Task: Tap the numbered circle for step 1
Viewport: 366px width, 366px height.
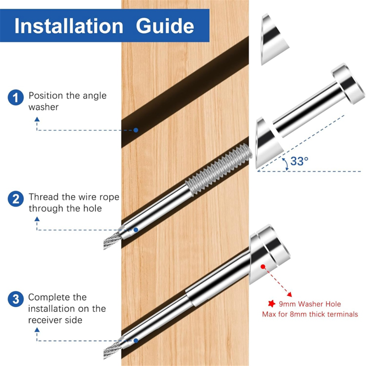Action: click(x=16, y=97)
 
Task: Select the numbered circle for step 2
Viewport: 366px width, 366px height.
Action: click(x=16, y=199)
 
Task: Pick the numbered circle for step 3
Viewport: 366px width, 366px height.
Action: click(x=16, y=299)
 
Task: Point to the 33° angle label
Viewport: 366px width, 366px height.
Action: click(x=299, y=161)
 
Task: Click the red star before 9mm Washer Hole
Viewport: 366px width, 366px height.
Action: click(x=271, y=304)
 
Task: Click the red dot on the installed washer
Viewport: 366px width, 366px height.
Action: click(x=263, y=267)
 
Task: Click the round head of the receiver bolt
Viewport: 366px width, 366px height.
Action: click(x=348, y=84)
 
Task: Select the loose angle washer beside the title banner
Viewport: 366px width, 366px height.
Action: click(x=274, y=39)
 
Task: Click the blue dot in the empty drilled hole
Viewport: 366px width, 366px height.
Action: click(x=136, y=130)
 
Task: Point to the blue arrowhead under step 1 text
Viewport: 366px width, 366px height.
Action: click(x=37, y=119)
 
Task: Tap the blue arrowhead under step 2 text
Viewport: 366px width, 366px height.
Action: click(x=37, y=219)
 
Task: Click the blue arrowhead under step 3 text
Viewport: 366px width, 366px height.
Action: click(x=37, y=330)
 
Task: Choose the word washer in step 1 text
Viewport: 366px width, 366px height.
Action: click(x=43, y=107)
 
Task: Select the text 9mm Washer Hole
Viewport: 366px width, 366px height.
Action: click(x=310, y=304)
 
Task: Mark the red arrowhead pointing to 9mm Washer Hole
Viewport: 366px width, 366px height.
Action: click(x=289, y=294)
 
